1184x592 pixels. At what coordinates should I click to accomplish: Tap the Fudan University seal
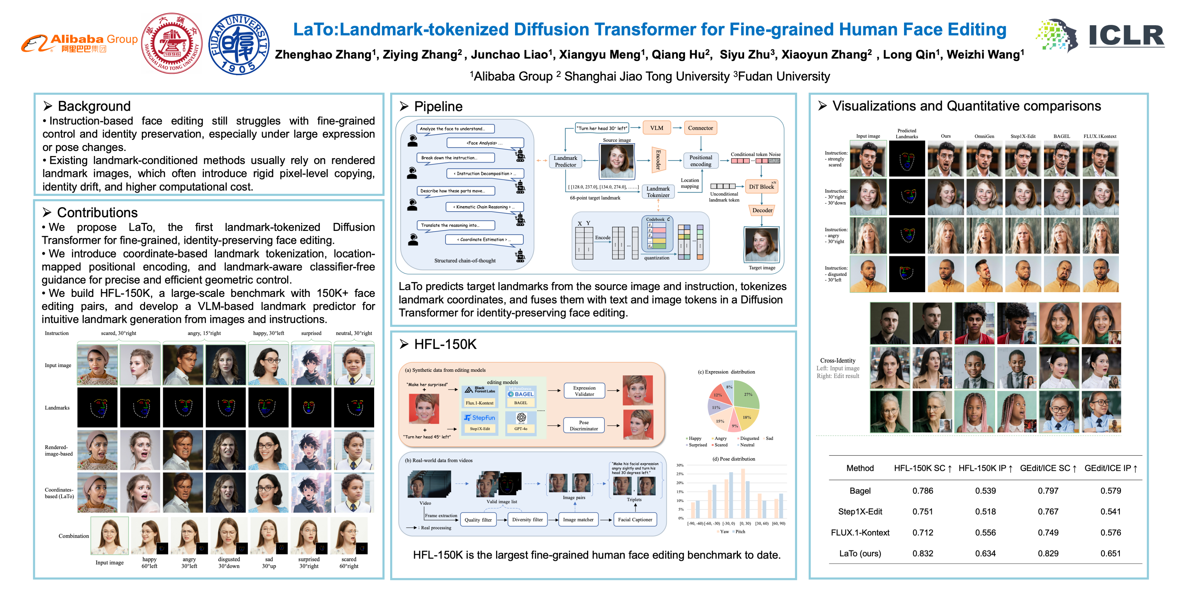pos(239,44)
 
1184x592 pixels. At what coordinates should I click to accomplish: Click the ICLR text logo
pos(1126,36)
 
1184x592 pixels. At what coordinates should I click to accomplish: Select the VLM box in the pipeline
pos(656,128)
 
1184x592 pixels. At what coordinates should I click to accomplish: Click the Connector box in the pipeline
pos(700,128)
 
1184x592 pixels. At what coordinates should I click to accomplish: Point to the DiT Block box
pos(761,186)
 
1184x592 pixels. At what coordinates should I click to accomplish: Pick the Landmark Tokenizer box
pos(658,192)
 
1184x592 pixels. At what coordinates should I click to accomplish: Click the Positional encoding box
pos(700,160)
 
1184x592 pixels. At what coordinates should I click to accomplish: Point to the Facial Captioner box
pos(635,519)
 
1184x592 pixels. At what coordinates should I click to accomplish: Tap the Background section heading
pos(94,106)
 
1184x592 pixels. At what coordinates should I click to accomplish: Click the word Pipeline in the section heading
pos(438,107)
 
